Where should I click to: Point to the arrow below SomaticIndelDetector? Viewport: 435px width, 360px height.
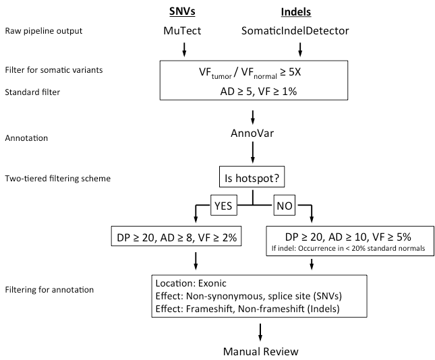300,49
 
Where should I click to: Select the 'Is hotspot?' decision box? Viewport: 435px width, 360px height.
252,178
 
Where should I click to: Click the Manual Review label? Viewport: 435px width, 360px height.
260,351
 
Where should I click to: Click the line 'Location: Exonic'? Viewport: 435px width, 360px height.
190,284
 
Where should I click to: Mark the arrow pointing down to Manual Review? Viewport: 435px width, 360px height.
260,330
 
